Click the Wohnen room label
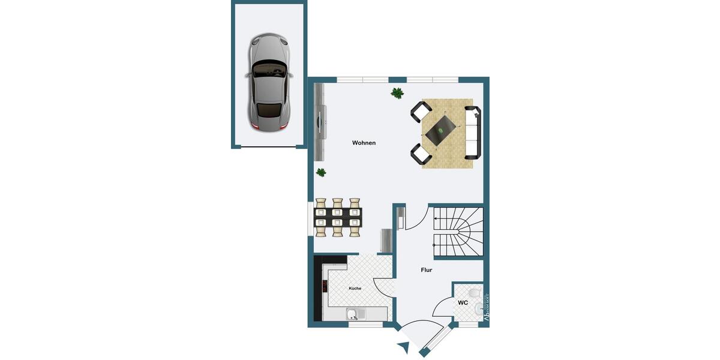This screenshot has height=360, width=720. (x=364, y=143)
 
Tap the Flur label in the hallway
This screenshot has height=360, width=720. (x=426, y=270)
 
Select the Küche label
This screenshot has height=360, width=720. (x=355, y=289)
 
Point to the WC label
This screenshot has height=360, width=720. (x=463, y=302)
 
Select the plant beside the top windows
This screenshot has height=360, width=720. (x=397, y=93)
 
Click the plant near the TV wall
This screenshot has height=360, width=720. (x=322, y=172)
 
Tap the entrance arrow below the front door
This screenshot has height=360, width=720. (x=403, y=346)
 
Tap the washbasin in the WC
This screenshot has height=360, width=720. (x=479, y=310)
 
